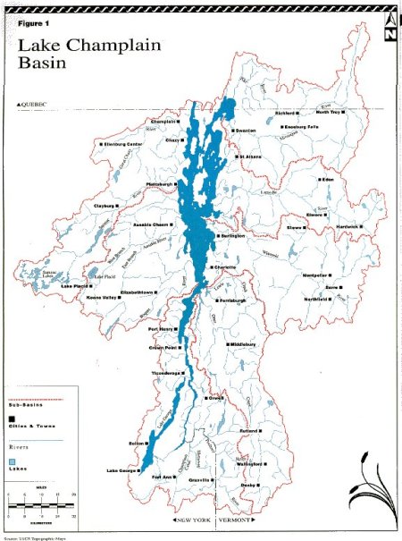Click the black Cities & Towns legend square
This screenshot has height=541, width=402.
(x=12, y=418)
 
